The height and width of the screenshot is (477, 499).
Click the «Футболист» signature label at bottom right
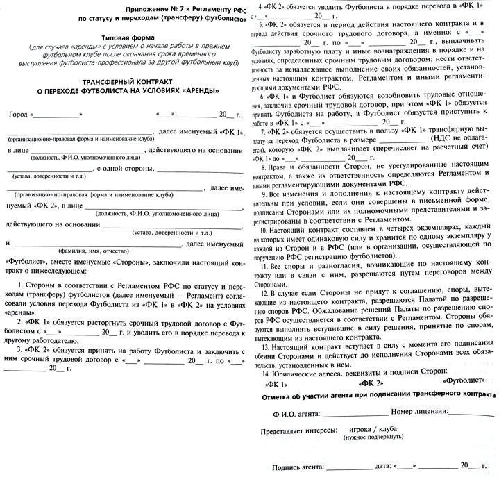click(x=459, y=382)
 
